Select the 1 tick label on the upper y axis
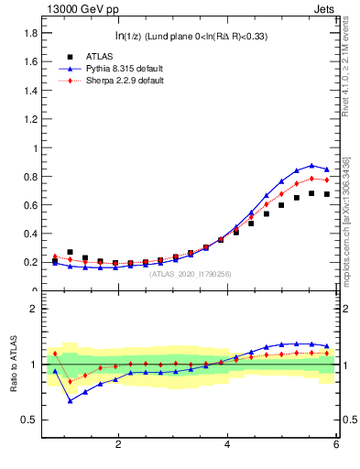tap(34, 147)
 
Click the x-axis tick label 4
tap(227, 444)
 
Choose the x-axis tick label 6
tap(336, 444)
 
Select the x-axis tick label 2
tap(118, 444)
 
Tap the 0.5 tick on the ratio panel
tap(29, 420)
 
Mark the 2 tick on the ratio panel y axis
tap(34, 309)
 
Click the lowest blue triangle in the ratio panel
tap(71, 400)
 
